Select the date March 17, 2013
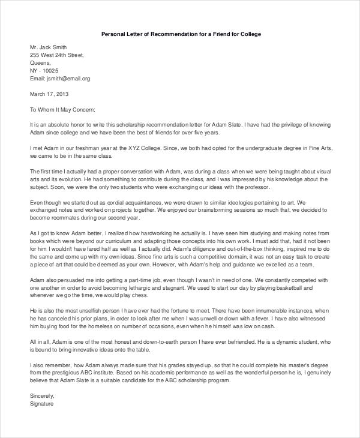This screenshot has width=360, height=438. (49, 94)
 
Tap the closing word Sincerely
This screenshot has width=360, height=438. (42, 397)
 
